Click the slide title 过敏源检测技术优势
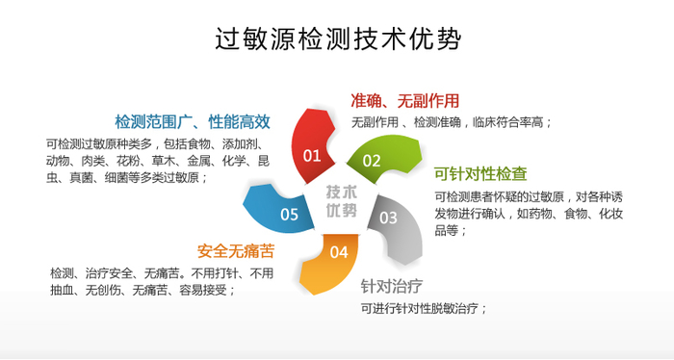[337, 39]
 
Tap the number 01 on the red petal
[312, 155]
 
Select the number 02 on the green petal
[372, 161]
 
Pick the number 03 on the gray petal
[388, 218]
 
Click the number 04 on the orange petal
[339, 252]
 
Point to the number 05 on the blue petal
[289, 215]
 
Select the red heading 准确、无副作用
[404, 100]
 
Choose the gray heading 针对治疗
[392, 286]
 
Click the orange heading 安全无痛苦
[236, 251]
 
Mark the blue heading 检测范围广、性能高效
[193, 121]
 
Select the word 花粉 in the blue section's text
[128, 161]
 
